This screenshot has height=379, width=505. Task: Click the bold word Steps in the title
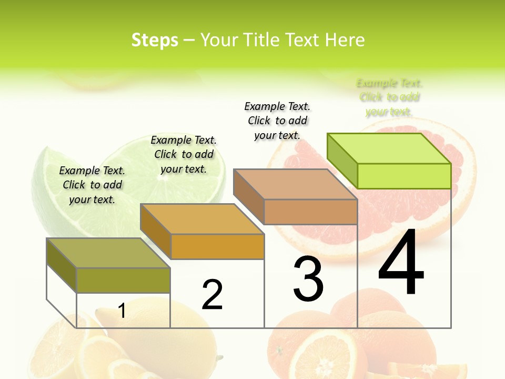[155, 40]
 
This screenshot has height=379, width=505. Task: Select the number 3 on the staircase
[308, 278]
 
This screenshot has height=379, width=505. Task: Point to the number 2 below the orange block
[212, 295]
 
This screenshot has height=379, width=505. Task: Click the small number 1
[122, 311]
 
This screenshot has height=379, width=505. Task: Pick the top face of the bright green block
[388, 148]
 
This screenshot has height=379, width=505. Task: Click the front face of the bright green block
[404, 176]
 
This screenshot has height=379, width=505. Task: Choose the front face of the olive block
[123, 280]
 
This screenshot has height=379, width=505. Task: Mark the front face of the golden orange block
[217, 246]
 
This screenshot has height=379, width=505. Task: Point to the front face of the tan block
[310, 212]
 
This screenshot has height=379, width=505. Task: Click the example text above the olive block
[92, 185]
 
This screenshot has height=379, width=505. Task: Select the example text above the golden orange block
[184, 154]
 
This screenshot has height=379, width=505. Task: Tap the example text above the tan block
[277, 121]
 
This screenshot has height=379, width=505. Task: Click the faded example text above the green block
[389, 97]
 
